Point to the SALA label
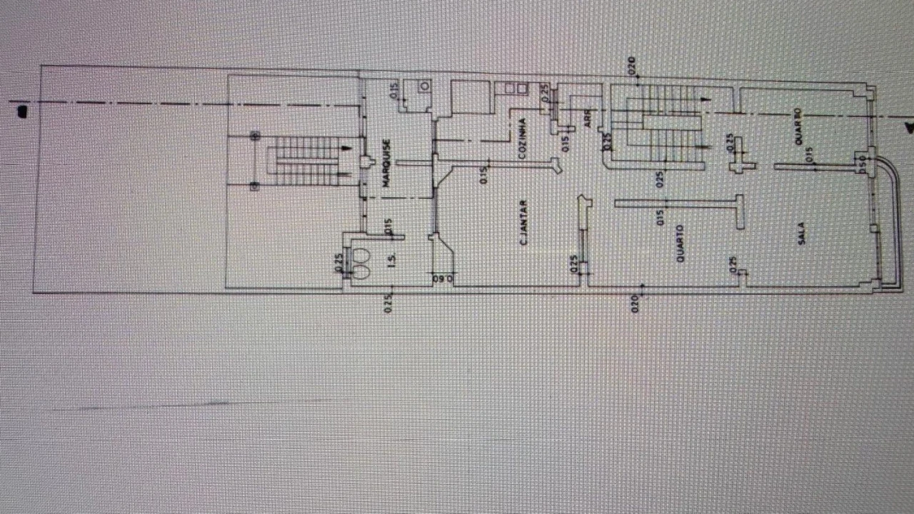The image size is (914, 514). [802, 233]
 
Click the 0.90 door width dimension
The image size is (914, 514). [443, 279]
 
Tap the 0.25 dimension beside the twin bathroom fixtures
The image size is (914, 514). [339, 263]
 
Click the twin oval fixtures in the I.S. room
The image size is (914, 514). [361, 263]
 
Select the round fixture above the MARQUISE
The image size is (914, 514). [425, 86]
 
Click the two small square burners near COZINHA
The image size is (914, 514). [516, 89]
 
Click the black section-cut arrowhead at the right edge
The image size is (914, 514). [909, 128]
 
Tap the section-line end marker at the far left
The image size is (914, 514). [22, 111]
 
